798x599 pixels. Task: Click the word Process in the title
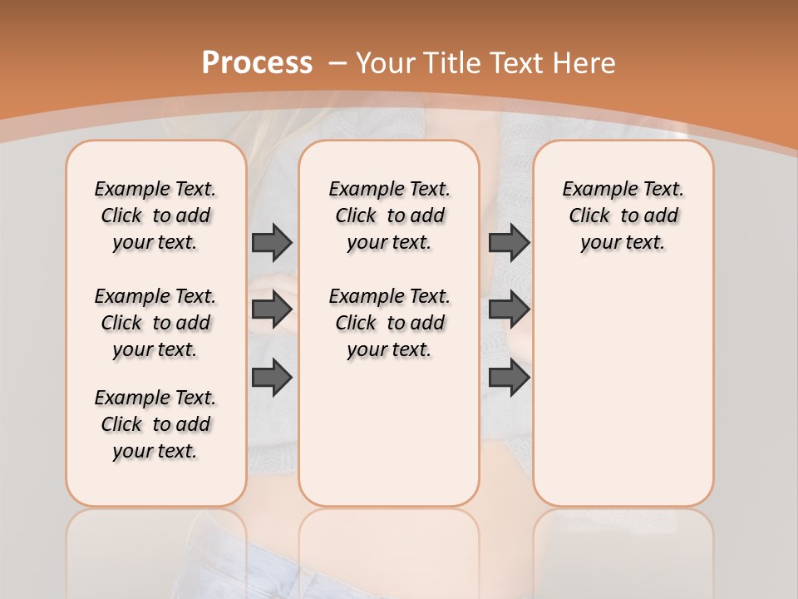coord(257,62)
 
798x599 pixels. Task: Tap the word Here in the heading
coord(584,62)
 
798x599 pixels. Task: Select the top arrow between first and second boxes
coord(272,242)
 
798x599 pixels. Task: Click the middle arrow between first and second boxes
coord(272,309)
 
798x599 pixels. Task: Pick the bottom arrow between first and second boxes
coord(272,378)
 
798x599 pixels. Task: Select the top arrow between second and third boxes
coord(509,242)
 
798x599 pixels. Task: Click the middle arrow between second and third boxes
coord(509,309)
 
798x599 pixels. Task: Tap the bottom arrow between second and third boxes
coord(509,378)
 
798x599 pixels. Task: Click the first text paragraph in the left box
coord(155,215)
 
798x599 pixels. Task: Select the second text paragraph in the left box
coord(155,323)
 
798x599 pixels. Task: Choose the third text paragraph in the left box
coord(155,424)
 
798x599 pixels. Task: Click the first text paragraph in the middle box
coord(389,215)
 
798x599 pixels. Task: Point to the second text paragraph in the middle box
coord(389,323)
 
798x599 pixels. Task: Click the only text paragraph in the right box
coord(623,215)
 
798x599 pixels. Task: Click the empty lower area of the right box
coord(623,391)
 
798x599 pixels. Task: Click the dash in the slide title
coord(337,62)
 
